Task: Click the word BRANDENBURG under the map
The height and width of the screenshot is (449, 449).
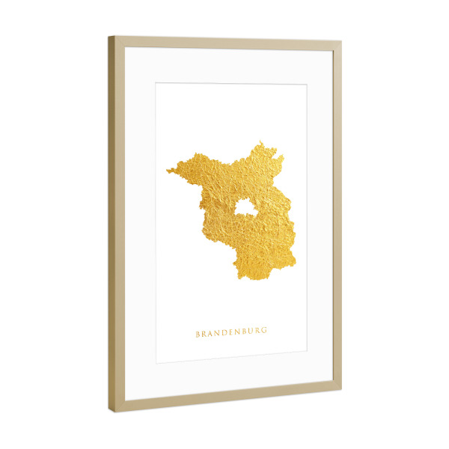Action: pos(231,334)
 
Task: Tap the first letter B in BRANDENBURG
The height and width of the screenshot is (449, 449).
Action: pos(198,335)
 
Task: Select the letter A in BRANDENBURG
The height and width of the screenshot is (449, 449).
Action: pos(210,335)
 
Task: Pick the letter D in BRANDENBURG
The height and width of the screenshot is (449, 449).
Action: pos(224,334)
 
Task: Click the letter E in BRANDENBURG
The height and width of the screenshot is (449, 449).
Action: pos(230,334)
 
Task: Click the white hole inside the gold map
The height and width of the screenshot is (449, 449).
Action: pos(244,207)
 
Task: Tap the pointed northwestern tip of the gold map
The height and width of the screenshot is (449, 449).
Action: pos(168,172)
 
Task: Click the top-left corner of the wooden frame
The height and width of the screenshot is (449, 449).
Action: pos(109,37)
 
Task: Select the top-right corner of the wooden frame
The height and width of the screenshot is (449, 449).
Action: pos(341,42)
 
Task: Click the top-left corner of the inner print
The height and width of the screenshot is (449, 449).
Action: pos(156,82)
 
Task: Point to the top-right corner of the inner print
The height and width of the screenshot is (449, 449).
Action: pos(307,85)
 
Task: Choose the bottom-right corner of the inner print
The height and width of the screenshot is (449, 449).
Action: pos(307,350)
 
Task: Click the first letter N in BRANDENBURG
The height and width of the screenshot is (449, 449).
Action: pos(217,335)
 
